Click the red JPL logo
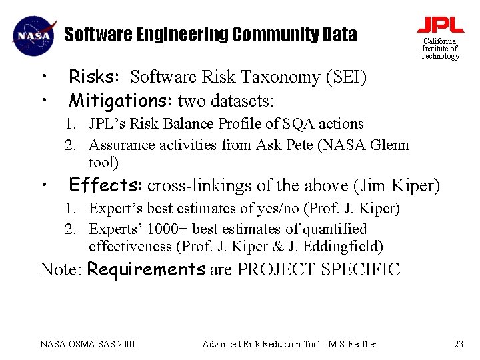(440, 25)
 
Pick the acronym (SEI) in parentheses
(346, 77)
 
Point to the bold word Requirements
(147, 269)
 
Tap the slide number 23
(458, 344)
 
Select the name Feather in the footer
(361, 344)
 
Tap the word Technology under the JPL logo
(440, 56)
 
